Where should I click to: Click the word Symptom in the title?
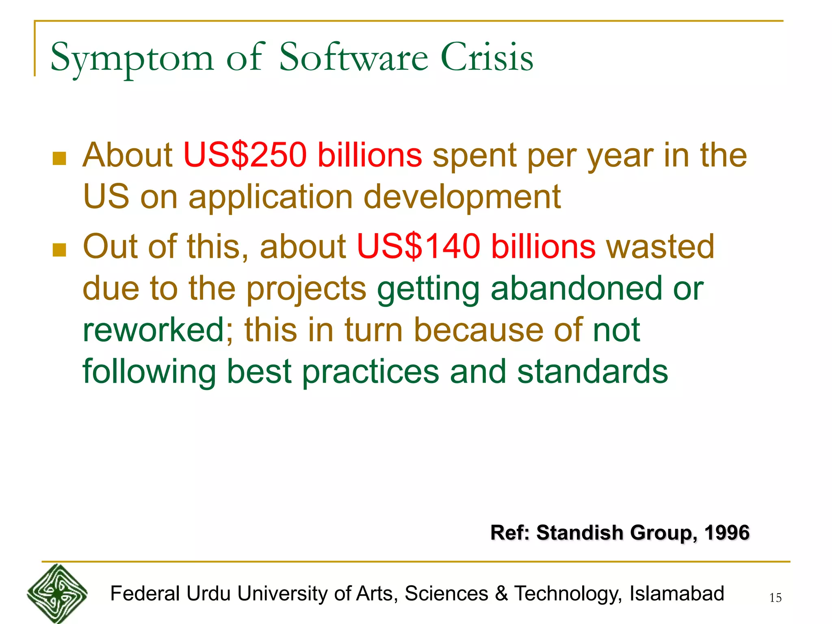pos(132,58)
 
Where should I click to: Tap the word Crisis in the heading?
pos(487,57)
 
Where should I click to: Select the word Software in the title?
pos(353,57)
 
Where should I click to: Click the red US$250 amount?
pos(245,155)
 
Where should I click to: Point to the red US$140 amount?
pos(418,246)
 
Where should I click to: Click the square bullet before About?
pos(59,158)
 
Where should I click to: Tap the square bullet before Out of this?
pos(59,250)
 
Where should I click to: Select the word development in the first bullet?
pos(462,197)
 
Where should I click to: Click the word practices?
pos(370,371)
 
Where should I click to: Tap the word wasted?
pos(660,246)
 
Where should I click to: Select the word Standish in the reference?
pos(580,533)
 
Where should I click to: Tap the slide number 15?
pos(775,598)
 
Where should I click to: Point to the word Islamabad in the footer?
pos(676,594)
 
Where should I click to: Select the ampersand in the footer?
pos(501,594)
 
